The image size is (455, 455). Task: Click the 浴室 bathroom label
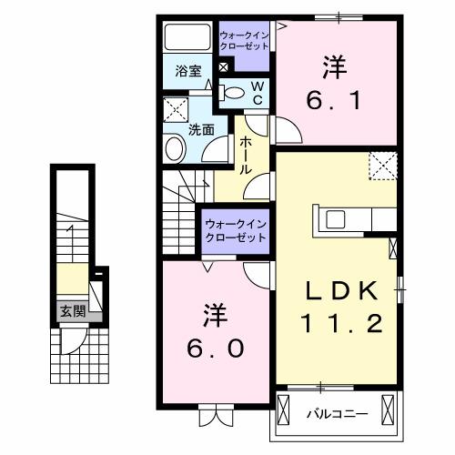[x=188, y=72]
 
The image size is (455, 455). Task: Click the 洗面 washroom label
[x=201, y=129]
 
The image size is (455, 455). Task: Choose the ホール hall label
[x=246, y=156]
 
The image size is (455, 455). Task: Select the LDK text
[x=340, y=291]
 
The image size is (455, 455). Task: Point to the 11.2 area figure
[x=340, y=322]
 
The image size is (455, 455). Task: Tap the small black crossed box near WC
[x=224, y=67]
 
